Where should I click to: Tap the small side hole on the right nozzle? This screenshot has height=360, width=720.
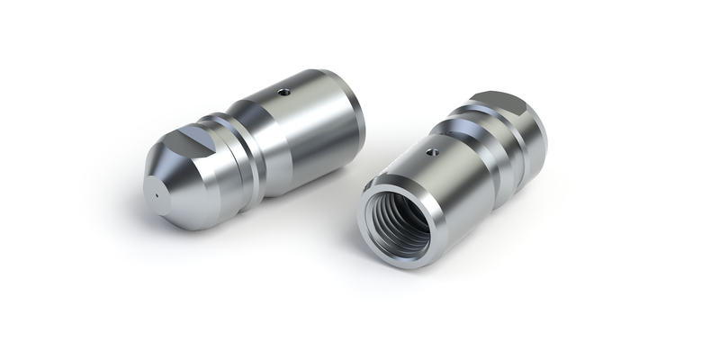pyautogui.click(x=432, y=152)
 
